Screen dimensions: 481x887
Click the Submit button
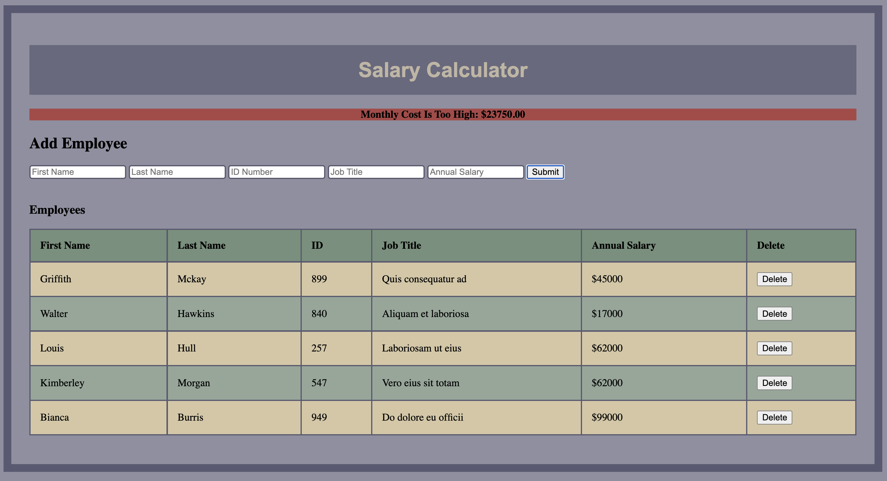pos(545,172)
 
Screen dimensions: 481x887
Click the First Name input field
pos(77,172)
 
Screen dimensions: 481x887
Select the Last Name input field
pos(177,172)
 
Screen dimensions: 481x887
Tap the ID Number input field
pos(276,172)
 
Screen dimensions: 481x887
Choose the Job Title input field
pos(376,172)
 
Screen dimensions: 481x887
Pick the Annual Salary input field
pos(476,172)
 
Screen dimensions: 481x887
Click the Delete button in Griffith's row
pos(774,279)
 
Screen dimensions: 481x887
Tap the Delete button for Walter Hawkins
pos(774,314)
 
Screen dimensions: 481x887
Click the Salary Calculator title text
pos(443,70)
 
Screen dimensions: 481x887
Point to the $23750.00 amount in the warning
pos(503,115)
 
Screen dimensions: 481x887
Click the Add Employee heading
pos(78,143)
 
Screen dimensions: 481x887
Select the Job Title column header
pos(401,245)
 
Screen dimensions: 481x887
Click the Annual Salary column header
pos(623,245)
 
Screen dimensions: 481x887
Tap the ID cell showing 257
pos(319,348)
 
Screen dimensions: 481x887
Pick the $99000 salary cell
pos(607,417)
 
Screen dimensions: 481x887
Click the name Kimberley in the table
pos(62,383)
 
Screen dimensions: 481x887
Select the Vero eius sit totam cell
pos(421,383)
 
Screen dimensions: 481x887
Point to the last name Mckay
pos(192,279)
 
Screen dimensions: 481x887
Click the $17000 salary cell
pos(607,314)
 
